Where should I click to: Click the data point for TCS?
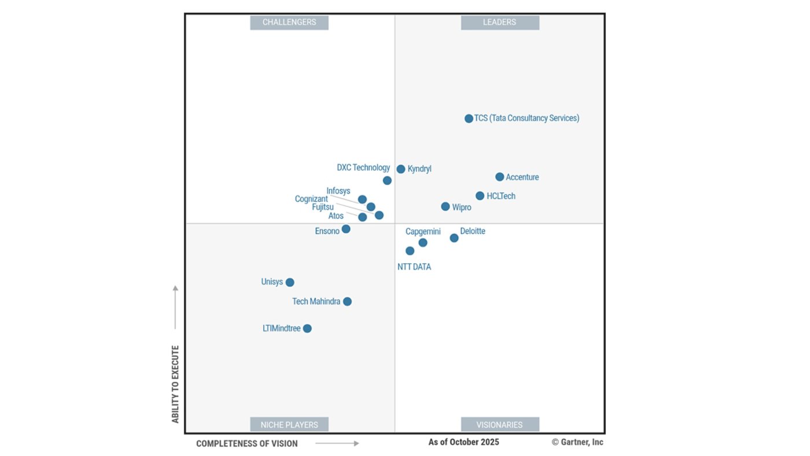pos(469,119)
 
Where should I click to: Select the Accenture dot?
pos(499,177)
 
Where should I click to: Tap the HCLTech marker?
pos(480,196)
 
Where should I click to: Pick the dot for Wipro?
pos(445,207)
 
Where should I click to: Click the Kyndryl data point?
pos(400,169)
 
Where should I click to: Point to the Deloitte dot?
pos(454,238)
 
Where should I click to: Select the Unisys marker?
pos(290,282)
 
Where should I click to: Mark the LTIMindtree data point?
pos(307,329)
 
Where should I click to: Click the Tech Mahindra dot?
pos(347,301)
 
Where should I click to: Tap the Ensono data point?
pos(346,229)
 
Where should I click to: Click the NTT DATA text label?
pos(414,267)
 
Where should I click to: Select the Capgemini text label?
pos(423,231)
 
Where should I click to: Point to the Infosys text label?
pos(338,191)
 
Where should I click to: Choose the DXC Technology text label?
pos(363,168)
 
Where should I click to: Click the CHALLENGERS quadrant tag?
pos(289,23)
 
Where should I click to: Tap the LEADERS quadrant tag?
pos(500,23)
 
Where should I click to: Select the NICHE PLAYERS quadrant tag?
pos(289,425)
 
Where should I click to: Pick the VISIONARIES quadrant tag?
pos(500,425)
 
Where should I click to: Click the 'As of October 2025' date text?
pos(463,442)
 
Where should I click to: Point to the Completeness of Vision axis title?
pos(247,444)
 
